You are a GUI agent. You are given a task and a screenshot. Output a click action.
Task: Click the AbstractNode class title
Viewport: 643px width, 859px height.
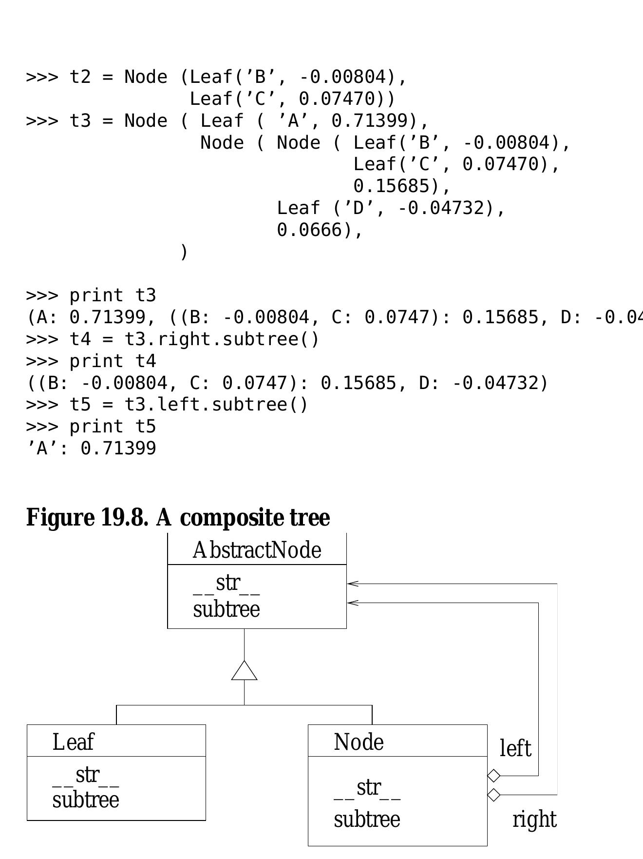[257, 550]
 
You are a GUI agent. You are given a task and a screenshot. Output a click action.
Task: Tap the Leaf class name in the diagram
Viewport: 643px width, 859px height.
[73, 742]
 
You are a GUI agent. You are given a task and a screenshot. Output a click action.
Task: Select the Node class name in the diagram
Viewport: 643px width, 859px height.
[359, 742]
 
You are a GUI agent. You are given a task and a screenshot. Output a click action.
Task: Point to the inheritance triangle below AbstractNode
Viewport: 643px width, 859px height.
[244, 670]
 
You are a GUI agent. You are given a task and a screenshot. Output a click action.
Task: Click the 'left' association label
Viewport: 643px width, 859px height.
[515, 748]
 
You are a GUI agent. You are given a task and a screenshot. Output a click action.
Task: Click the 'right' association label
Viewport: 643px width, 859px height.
[534, 820]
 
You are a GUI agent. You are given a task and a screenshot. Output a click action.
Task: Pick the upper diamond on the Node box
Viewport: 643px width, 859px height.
[494, 775]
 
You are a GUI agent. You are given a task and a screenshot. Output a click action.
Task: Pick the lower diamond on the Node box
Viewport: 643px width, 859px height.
[494, 795]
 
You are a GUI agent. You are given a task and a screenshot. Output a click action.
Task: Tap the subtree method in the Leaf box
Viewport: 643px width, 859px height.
[86, 800]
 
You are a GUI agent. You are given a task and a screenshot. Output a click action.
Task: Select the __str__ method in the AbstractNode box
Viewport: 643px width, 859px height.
[227, 584]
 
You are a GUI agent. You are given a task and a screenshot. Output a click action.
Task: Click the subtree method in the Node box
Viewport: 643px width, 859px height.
[367, 819]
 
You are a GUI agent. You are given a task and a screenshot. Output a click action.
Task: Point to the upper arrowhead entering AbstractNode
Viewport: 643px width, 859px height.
[353, 584]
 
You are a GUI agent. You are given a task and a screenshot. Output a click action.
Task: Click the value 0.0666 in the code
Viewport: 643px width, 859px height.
[309, 230]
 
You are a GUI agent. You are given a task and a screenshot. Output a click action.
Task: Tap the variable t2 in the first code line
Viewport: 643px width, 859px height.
[80, 77]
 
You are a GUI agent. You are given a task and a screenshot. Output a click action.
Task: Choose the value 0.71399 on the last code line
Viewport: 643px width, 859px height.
[118, 448]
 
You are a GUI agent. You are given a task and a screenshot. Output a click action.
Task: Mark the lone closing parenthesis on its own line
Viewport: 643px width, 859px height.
[184, 252]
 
